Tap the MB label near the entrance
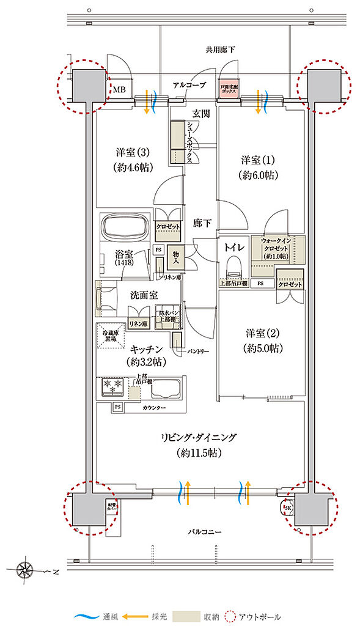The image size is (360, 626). click(x=119, y=89)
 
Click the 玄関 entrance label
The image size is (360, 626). click(x=202, y=113)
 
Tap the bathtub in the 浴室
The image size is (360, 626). click(x=126, y=228)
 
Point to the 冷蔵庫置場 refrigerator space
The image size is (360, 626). click(x=110, y=336)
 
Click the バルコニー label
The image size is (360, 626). click(x=201, y=532)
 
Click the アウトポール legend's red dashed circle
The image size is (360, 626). click(x=231, y=617)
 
